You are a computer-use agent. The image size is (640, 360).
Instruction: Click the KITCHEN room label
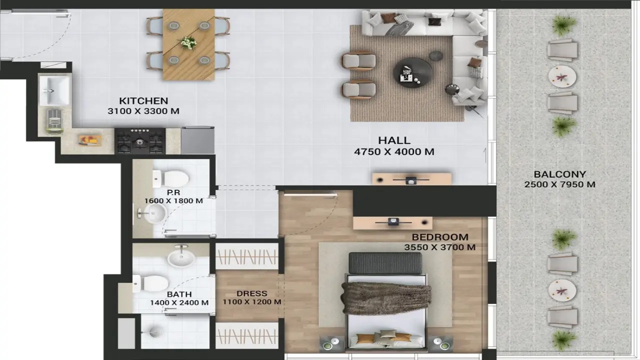143,100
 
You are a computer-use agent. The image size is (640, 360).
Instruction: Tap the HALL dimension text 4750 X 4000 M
394,151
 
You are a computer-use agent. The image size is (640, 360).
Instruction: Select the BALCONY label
559,174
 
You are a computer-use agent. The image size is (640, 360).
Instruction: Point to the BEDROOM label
440,237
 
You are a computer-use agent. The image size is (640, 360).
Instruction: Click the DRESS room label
252,293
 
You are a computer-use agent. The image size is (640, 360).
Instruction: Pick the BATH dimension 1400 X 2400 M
179,302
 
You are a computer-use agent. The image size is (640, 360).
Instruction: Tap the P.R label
173,192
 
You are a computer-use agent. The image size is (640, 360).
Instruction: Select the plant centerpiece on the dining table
188,43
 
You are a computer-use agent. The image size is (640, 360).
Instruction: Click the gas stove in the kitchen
140,141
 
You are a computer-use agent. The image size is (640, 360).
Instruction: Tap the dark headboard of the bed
385,263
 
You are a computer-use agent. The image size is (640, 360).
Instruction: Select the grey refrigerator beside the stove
197,140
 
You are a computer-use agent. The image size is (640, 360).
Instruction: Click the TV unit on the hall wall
411,179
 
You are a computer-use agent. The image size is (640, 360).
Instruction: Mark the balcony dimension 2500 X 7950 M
559,184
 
